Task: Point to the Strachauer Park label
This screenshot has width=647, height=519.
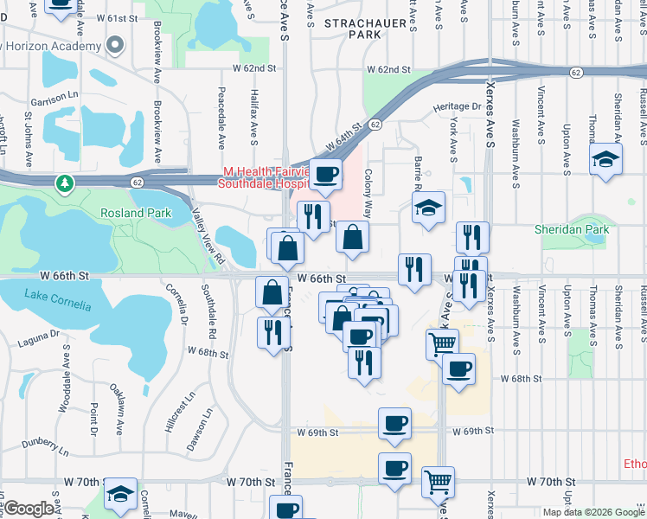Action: [353, 29]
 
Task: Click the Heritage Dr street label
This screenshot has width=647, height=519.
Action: [458, 106]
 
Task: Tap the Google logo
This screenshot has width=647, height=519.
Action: [29, 509]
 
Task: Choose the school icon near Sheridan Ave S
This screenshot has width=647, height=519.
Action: [605, 160]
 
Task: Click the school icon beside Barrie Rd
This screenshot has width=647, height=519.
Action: [427, 208]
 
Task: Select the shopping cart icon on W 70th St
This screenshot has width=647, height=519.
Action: [439, 480]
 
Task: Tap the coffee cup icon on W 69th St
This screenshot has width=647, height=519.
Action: [394, 423]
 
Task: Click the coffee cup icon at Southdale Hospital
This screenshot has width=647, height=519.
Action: [326, 175]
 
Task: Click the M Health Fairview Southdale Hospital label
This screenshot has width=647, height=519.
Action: [264, 177]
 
